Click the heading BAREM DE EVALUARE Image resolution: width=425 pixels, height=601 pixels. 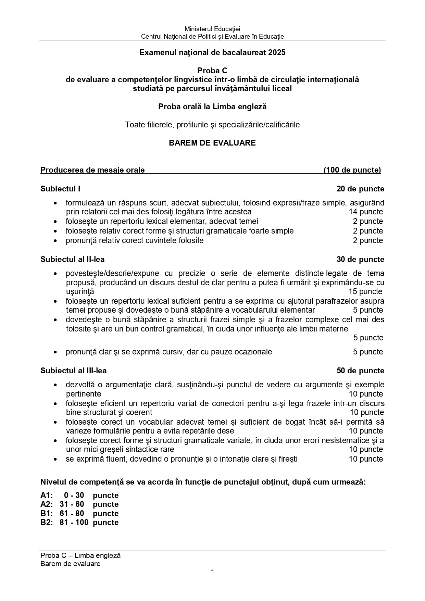(212, 143)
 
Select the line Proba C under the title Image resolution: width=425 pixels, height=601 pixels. (212, 71)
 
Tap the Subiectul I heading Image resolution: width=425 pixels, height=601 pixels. (60, 189)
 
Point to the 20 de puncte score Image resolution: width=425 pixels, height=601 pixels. (360, 189)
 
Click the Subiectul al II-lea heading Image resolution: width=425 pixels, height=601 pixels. (73, 259)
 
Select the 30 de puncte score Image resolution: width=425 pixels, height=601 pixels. (360, 259)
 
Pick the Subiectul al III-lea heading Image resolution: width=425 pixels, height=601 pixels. (73, 371)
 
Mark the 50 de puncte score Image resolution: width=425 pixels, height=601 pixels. (360, 371)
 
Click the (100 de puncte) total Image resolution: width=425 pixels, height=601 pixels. (352, 170)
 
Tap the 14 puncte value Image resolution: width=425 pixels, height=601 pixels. (366, 212)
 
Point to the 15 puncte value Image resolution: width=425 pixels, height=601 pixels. (365, 291)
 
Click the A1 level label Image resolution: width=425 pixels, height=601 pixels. (46, 495)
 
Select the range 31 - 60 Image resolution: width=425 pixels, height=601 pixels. (72, 504)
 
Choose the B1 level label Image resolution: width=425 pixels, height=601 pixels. (46, 513)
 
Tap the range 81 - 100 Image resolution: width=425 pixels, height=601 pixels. (74, 522)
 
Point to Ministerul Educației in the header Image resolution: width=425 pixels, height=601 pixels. (212, 29)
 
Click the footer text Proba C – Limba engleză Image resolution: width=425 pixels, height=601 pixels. (80, 555)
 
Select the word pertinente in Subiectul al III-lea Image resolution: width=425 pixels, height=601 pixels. (84, 394)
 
